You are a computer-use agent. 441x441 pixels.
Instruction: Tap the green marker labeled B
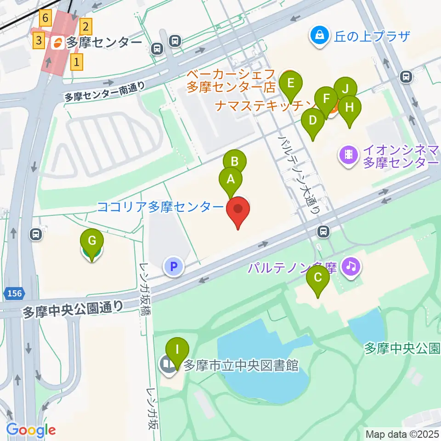(235, 162)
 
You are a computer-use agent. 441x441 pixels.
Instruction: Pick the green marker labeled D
(313, 121)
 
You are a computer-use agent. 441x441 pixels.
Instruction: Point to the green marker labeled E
(291, 84)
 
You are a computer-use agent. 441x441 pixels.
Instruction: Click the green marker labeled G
(92, 240)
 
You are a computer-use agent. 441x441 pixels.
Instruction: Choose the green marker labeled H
(350, 108)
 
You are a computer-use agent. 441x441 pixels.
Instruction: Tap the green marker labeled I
(177, 350)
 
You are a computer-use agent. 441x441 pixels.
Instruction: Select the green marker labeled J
(345, 88)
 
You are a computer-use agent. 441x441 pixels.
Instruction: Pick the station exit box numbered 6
(45, 18)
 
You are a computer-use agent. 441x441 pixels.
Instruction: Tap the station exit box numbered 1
(77, 61)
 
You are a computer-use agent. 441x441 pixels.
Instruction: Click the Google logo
(31, 430)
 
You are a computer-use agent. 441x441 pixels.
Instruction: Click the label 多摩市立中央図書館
(241, 366)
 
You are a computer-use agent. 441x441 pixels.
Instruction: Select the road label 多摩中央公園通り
(73, 309)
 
